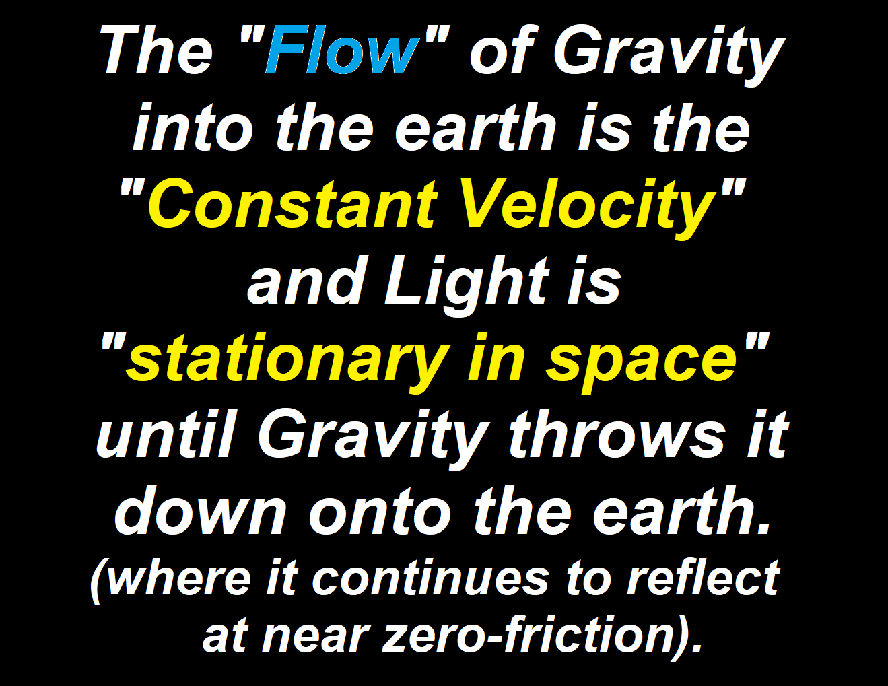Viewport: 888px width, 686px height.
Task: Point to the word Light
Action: point(467,281)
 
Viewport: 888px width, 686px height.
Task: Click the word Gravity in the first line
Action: point(669,55)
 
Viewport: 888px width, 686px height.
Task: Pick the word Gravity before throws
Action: point(373,438)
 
